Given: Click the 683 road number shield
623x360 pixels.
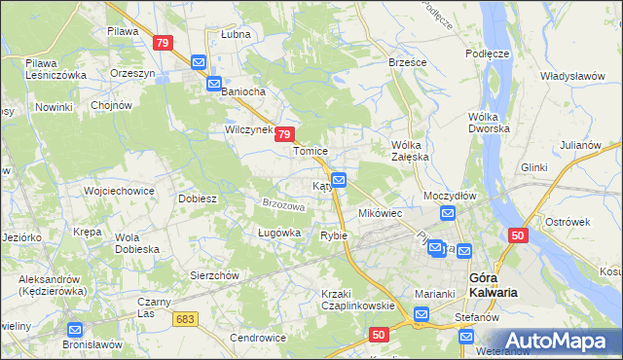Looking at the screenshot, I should click(185, 318).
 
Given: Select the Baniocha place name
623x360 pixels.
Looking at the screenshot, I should click(243, 92).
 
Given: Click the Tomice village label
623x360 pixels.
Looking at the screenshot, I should click(311, 152).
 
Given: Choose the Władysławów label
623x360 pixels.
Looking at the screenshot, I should click(573, 75).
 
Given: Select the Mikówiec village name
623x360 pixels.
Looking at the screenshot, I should click(381, 213).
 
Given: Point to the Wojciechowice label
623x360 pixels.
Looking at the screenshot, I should click(120, 191).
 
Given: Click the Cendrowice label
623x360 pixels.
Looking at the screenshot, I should click(257, 338).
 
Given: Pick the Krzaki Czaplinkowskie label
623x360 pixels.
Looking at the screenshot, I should click(357, 300).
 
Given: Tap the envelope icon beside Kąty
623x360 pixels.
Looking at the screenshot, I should click(339, 180).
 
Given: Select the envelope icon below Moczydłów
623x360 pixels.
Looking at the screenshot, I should click(448, 214).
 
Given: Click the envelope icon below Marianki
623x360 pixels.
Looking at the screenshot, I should click(421, 314).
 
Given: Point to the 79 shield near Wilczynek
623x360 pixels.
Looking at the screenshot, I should click(284, 135).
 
